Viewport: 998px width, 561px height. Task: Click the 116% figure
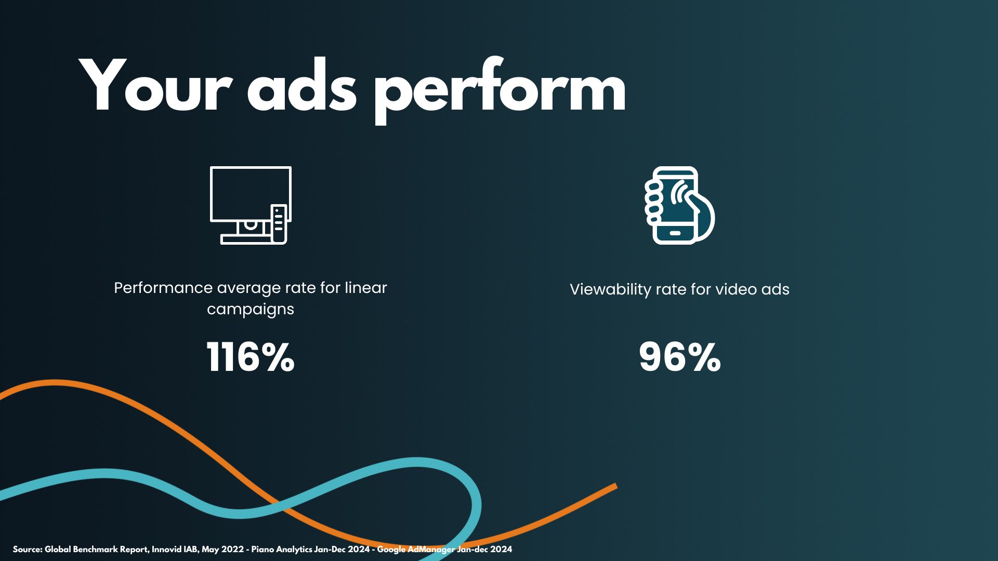click(251, 357)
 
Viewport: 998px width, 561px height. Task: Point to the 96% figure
click(680, 357)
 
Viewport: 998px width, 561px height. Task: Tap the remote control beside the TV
click(279, 223)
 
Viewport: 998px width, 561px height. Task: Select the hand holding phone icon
click(680, 205)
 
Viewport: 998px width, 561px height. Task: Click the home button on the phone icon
click(675, 233)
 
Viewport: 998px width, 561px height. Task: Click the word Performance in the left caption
click(163, 288)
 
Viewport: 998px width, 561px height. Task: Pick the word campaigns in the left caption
click(251, 310)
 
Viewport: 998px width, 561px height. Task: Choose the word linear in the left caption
click(366, 288)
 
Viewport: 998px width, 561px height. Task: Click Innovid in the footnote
click(167, 549)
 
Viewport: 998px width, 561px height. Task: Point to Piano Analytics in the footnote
click(282, 550)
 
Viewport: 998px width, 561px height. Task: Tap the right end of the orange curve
click(616, 486)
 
